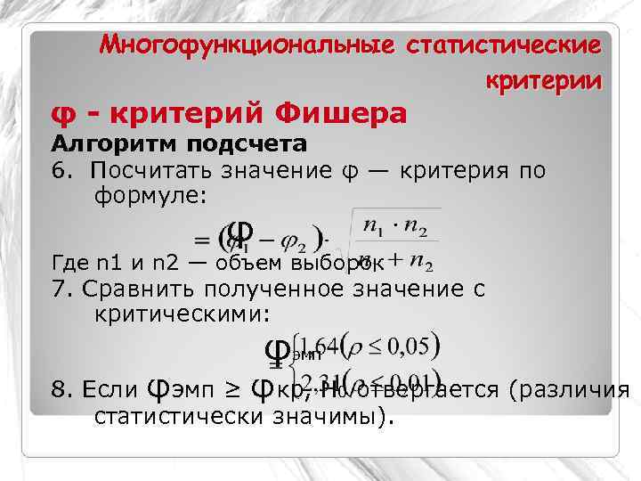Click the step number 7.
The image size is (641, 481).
click(59, 289)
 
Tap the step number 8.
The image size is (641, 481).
click(59, 390)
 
